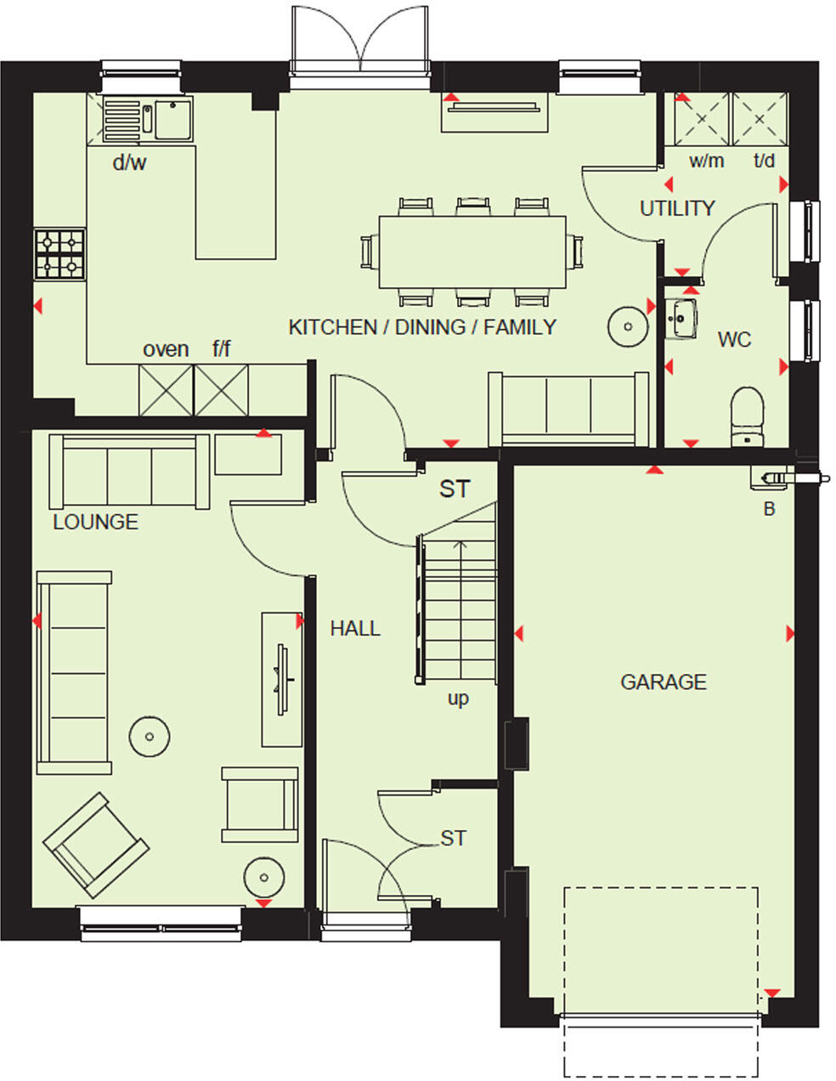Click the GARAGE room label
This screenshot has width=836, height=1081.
point(663,682)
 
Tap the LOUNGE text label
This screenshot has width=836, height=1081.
point(95,522)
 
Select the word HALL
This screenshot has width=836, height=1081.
point(355,629)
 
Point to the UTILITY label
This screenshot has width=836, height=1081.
point(677,208)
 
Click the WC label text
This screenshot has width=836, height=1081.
point(734,340)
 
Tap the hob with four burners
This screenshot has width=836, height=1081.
point(59,253)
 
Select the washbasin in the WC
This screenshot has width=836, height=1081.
point(681,319)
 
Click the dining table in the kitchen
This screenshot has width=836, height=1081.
point(472,252)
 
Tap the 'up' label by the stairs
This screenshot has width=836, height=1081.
point(458,699)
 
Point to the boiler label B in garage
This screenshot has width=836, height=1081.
point(770,510)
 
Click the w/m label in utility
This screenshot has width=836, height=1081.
point(706,161)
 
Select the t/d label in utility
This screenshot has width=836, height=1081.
point(764,161)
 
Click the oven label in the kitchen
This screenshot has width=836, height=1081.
point(166,349)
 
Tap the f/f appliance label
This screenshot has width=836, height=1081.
point(221,349)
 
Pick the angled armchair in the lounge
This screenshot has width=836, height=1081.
point(95,845)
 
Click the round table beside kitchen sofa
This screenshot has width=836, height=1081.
point(626,326)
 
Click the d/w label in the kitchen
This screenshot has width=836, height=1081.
point(129,163)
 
